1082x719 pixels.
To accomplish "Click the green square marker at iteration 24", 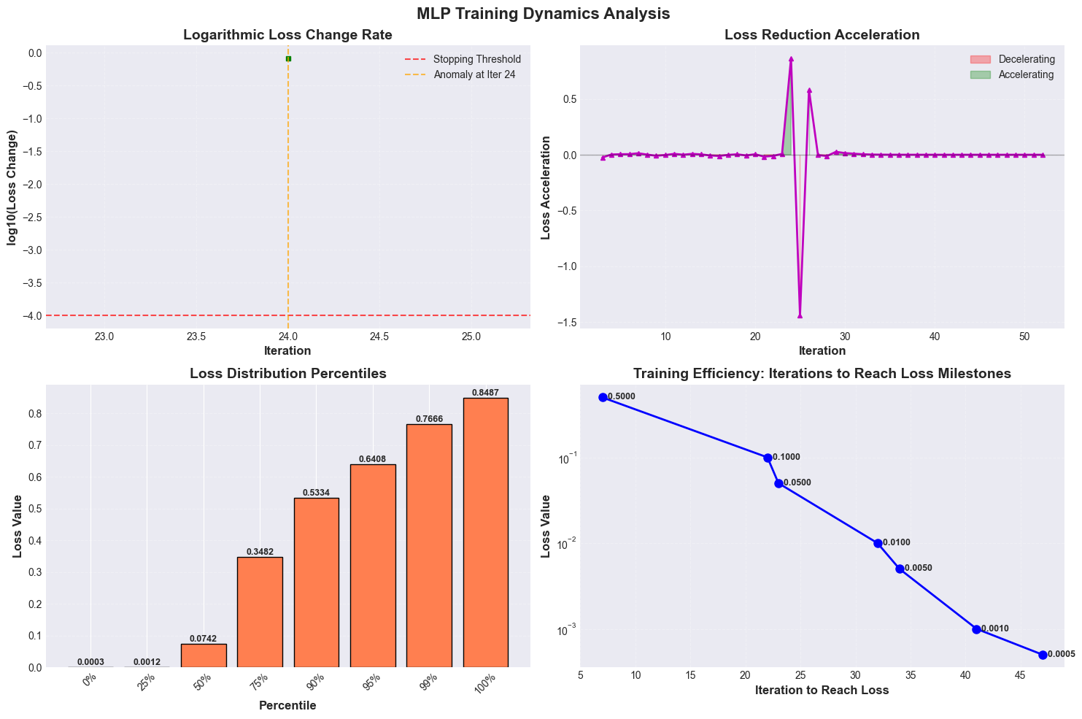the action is pos(288,59).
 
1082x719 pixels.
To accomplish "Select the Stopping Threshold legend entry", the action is pos(463,59).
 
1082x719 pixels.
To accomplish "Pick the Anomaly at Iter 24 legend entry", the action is pos(460,75).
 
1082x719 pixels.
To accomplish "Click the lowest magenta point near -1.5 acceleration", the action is pos(800,315).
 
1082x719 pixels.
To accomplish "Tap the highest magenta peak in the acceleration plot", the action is pos(791,59).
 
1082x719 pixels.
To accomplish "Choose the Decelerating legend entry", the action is pos(1013,59).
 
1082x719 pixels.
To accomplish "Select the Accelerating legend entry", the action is pos(1012,75).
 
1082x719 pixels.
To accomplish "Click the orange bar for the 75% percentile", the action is pos(260,612).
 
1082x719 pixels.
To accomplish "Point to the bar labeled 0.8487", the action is pos(485,532).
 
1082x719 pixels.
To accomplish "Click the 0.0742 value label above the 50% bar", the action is pos(203,639).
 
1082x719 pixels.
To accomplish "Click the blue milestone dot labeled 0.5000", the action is pos(603,397).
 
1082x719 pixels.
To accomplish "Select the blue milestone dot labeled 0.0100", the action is pos(878,543).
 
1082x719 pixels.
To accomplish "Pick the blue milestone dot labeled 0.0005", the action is pos(1043,655).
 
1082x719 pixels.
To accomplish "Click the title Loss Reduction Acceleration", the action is pos(822,35).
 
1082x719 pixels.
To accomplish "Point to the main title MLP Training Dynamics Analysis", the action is pos(544,14).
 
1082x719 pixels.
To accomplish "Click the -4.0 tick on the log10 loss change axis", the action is pos(32,315).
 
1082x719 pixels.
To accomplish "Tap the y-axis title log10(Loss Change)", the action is pos(12,188).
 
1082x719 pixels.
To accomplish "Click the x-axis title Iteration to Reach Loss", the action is pos(822,690).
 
